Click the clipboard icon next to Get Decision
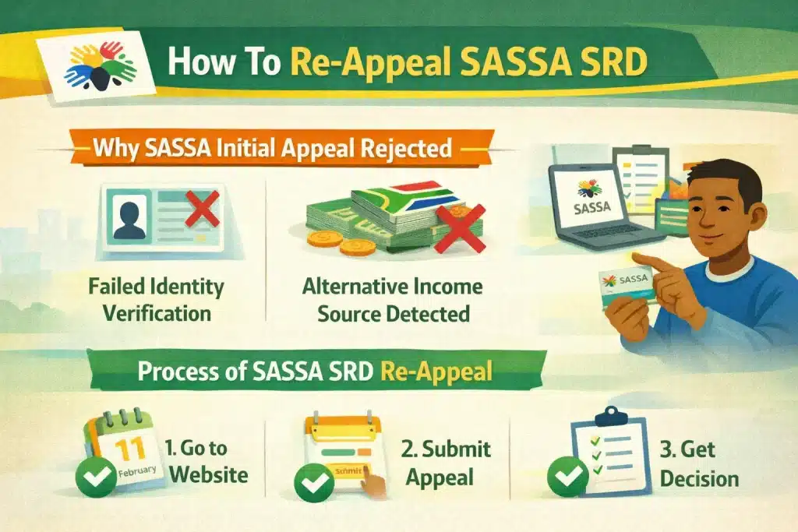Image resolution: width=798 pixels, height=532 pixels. pyautogui.click(x=608, y=452)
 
